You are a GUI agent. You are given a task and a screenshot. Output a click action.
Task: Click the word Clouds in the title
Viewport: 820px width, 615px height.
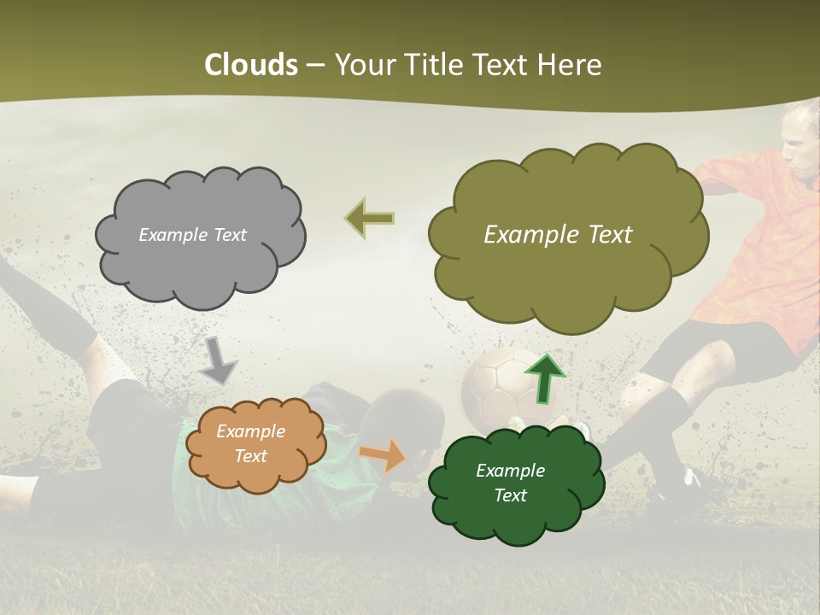point(251,65)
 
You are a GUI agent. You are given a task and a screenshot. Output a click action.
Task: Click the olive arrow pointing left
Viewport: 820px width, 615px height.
point(369,219)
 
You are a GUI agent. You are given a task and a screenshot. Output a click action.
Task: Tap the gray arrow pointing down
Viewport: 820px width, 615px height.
point(219,361)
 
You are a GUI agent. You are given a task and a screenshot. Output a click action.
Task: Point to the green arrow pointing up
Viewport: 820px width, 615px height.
point(544,378)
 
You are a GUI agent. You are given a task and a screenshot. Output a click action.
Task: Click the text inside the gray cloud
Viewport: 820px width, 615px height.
point(192,235)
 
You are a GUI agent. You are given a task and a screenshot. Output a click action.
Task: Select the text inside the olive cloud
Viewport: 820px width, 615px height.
point(558,235)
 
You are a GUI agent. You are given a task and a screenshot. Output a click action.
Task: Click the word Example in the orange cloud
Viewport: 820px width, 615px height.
point(250,431)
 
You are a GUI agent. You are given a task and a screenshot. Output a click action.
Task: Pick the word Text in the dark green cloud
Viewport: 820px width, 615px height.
point(510,495)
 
